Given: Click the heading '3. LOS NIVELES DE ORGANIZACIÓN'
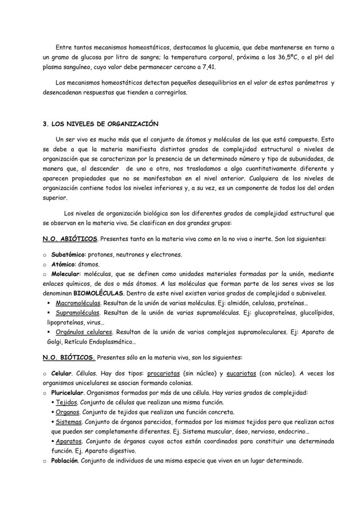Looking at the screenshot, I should pos(100,124).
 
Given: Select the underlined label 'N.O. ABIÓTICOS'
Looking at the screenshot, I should pos(70,239).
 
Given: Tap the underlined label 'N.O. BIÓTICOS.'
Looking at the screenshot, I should pos(69,358).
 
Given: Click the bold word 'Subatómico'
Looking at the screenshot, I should pos(68,255).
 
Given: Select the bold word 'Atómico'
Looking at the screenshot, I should pos(63,264).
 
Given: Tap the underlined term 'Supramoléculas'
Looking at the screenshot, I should pos(78,313).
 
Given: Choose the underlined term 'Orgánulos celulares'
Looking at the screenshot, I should pos(84,332).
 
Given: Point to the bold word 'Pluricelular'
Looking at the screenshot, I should pos(67,393).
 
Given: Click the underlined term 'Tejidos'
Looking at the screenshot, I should pos(66,403).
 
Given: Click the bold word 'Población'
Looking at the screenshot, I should pos(64,460).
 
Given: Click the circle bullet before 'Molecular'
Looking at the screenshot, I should pos(45,274).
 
